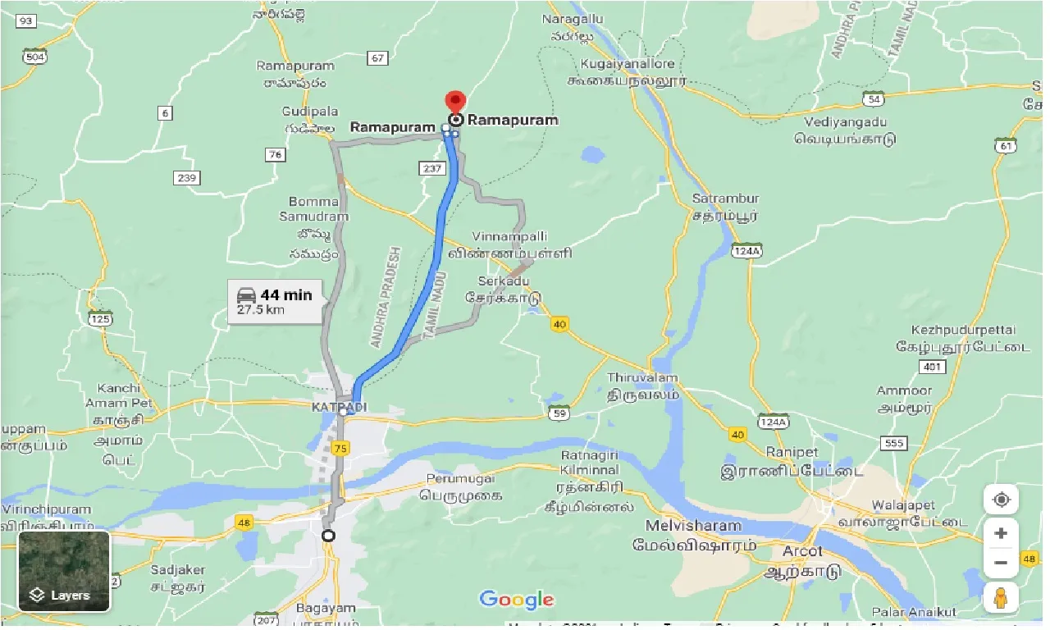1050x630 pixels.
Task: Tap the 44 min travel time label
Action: pyautogui.click(x=285, y=295)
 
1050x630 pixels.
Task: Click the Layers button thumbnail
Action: pyautogui.click(x=64, y=572)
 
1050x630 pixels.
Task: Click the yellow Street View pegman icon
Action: pyautogui.click(x=1001, y=597)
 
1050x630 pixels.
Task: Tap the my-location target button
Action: pyautogui.click(x=1001, y=500)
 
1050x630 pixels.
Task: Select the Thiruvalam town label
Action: pyautogui.click(x=643, y=377)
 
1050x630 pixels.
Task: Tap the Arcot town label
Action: pyautogui.click(x=802, y=550)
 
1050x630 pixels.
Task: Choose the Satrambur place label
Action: pyautogui.click(x=726, y=199)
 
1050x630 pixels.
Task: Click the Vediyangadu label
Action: pyautogui.click(x=846, y=122)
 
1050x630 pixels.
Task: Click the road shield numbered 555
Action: pyautogui.click(x=893, y=443)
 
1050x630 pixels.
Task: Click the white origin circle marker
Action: pyautogui.click(x=328, y=536)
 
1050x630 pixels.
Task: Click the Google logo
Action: pyautogui.click(x=517, y=600)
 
